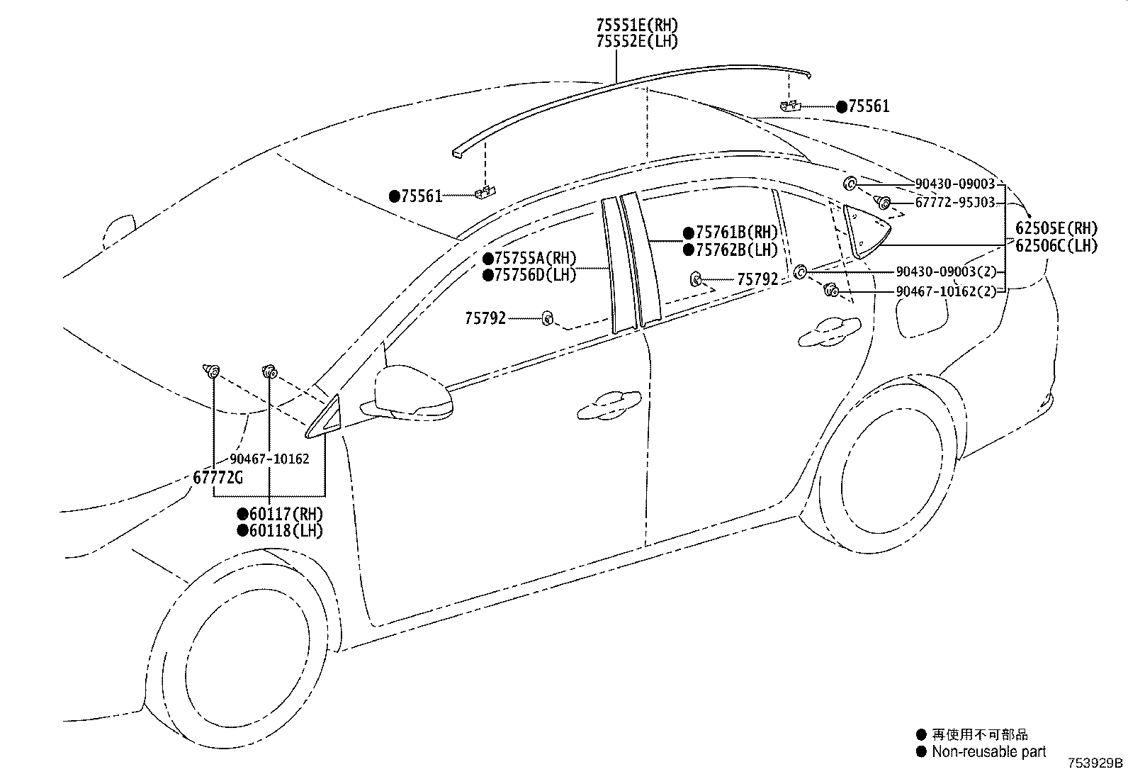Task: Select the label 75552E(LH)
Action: [636, 42]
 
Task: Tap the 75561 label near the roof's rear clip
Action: [869, 107]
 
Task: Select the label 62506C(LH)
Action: [1056, 246]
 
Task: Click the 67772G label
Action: [218, 478]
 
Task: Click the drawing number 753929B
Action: [1096, 763]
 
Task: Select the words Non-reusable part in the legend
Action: [988, 752]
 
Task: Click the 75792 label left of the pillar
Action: [485, 319]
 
